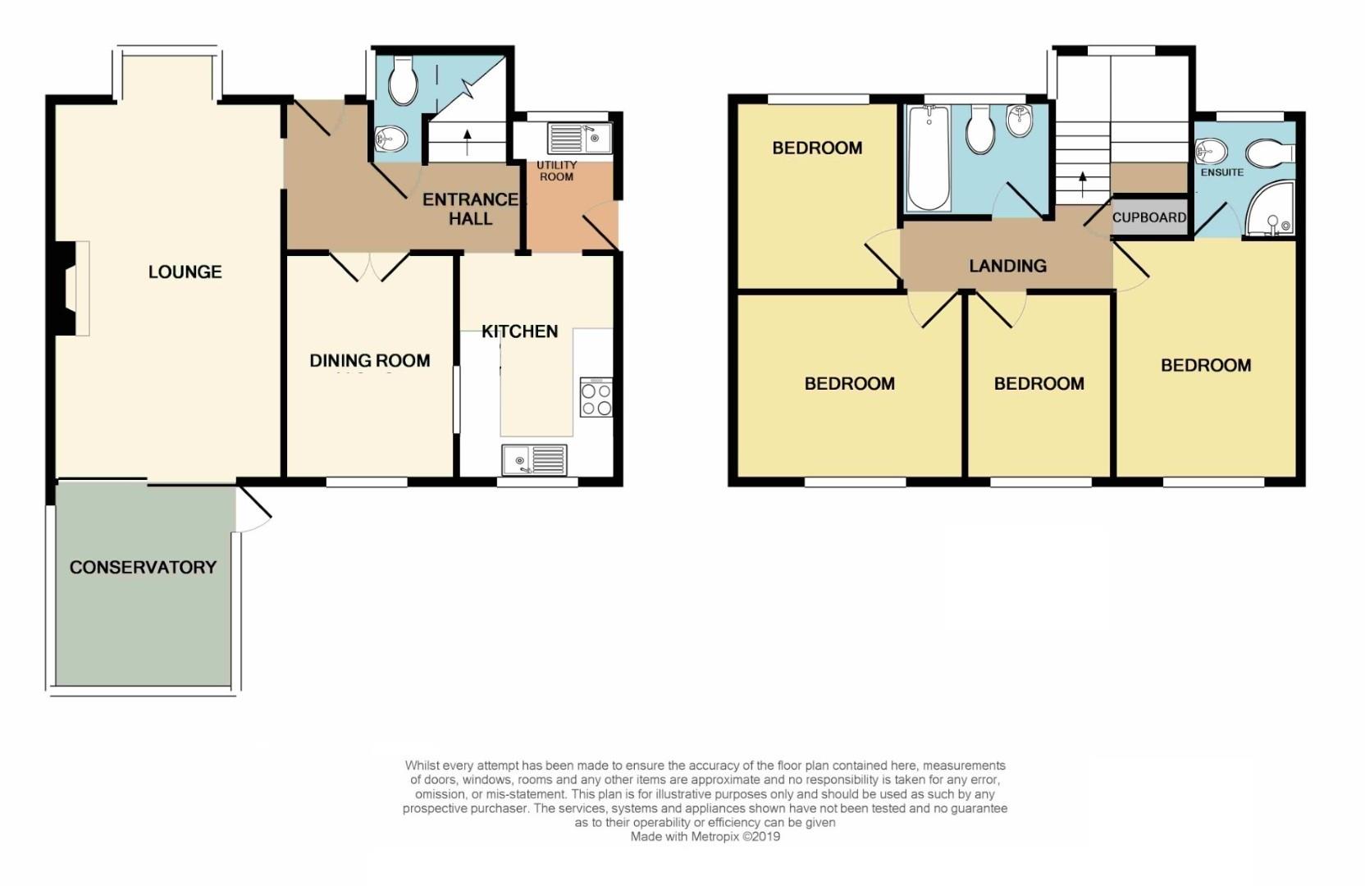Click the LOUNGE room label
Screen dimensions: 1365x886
[x=185, y=272]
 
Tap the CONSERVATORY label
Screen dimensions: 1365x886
[x=144, y=568]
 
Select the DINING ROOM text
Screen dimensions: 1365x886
[x=370, y=361]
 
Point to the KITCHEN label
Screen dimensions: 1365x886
[x=520, y=331]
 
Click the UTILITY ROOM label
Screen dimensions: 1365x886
[x=556, y=171]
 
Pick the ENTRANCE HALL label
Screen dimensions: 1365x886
[x=470, y=209]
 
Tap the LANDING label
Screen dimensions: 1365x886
[x=1008, y=266]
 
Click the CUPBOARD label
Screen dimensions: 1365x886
[x=1149, y=217]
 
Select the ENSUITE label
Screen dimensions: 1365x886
[x=1221, y=172]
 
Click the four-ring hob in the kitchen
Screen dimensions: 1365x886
[x=596, y=397]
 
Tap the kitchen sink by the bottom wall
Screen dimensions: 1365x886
[x=534, y=460]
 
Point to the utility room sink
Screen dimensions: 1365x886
[x=579, y=139]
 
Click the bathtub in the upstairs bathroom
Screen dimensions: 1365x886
[x=929, y=158]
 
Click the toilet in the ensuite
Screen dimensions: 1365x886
[x=1270, y=154]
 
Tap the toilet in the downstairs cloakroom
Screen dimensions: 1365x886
[x=403, y=81]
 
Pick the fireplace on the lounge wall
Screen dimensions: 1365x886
[x=69, y=288]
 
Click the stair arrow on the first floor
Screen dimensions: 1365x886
[x=1082, y=185]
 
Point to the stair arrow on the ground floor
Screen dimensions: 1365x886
[x=468, y=142]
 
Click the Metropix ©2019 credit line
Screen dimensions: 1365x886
[x=705, y=837]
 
